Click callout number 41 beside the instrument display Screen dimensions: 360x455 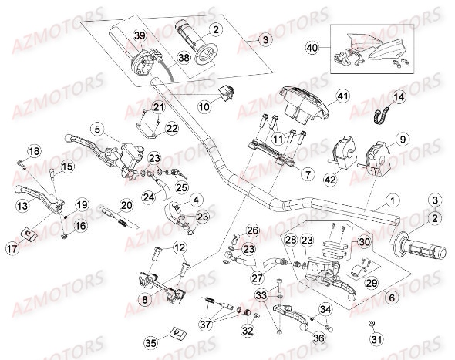pos(342,96)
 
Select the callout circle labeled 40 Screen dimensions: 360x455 pos(312,48)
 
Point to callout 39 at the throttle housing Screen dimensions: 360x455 pos(139,37)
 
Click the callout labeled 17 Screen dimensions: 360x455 pos(12,248)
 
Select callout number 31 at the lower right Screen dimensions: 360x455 pos(375,339)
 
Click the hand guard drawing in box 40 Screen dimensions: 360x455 pos(377,48)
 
